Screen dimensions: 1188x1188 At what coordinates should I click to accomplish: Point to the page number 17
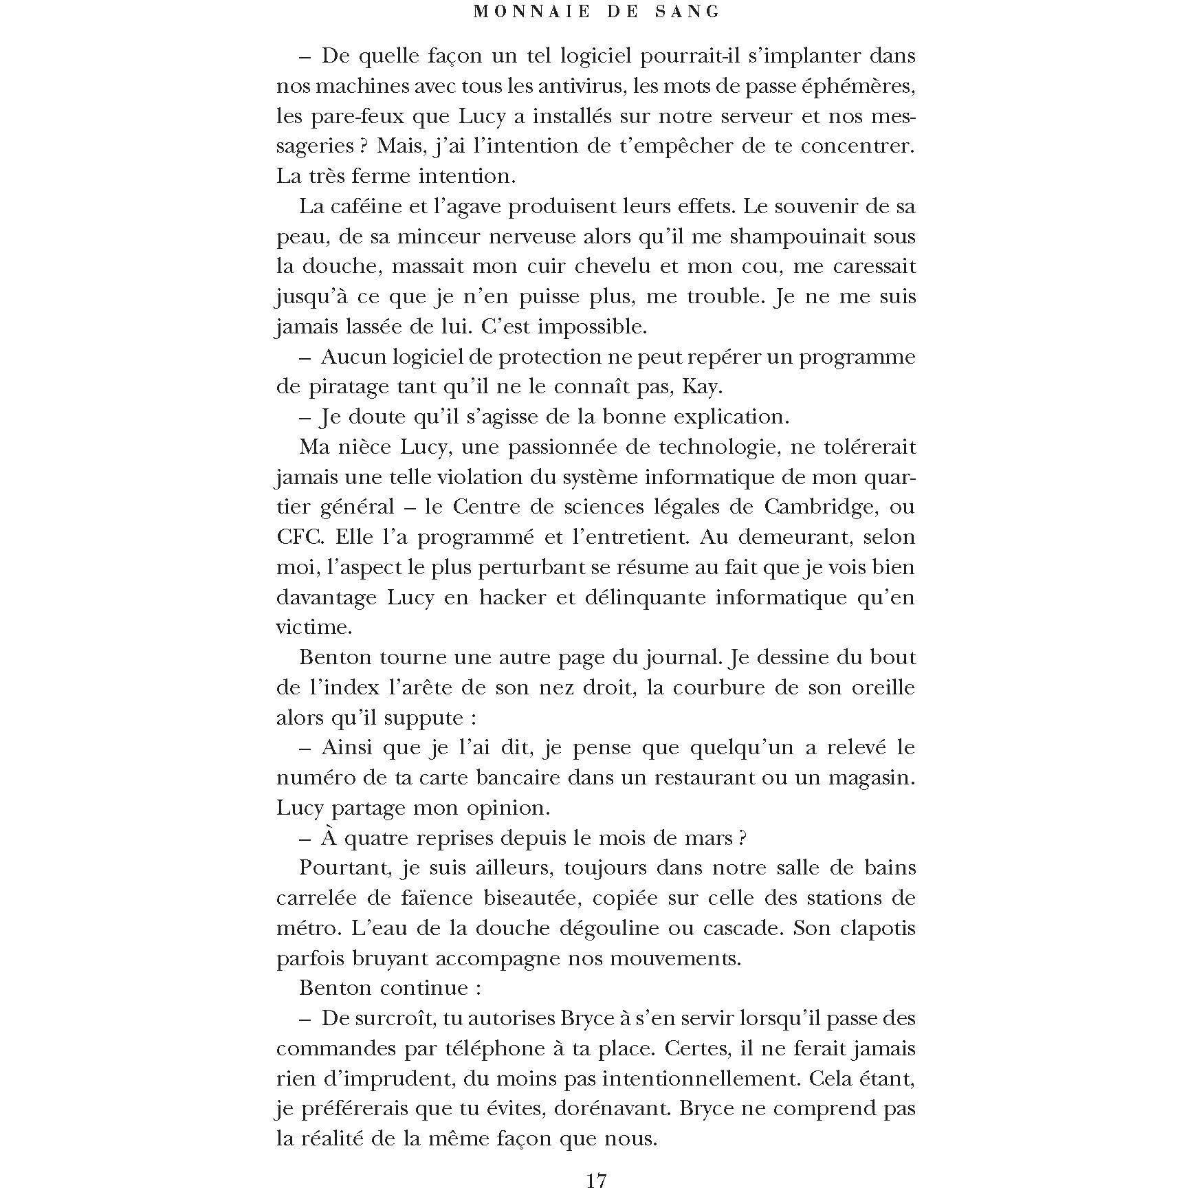pyautogui.click(x=596, y=1180)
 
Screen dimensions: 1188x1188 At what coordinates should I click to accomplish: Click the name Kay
pyautogui.click(x=701, y=386)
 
